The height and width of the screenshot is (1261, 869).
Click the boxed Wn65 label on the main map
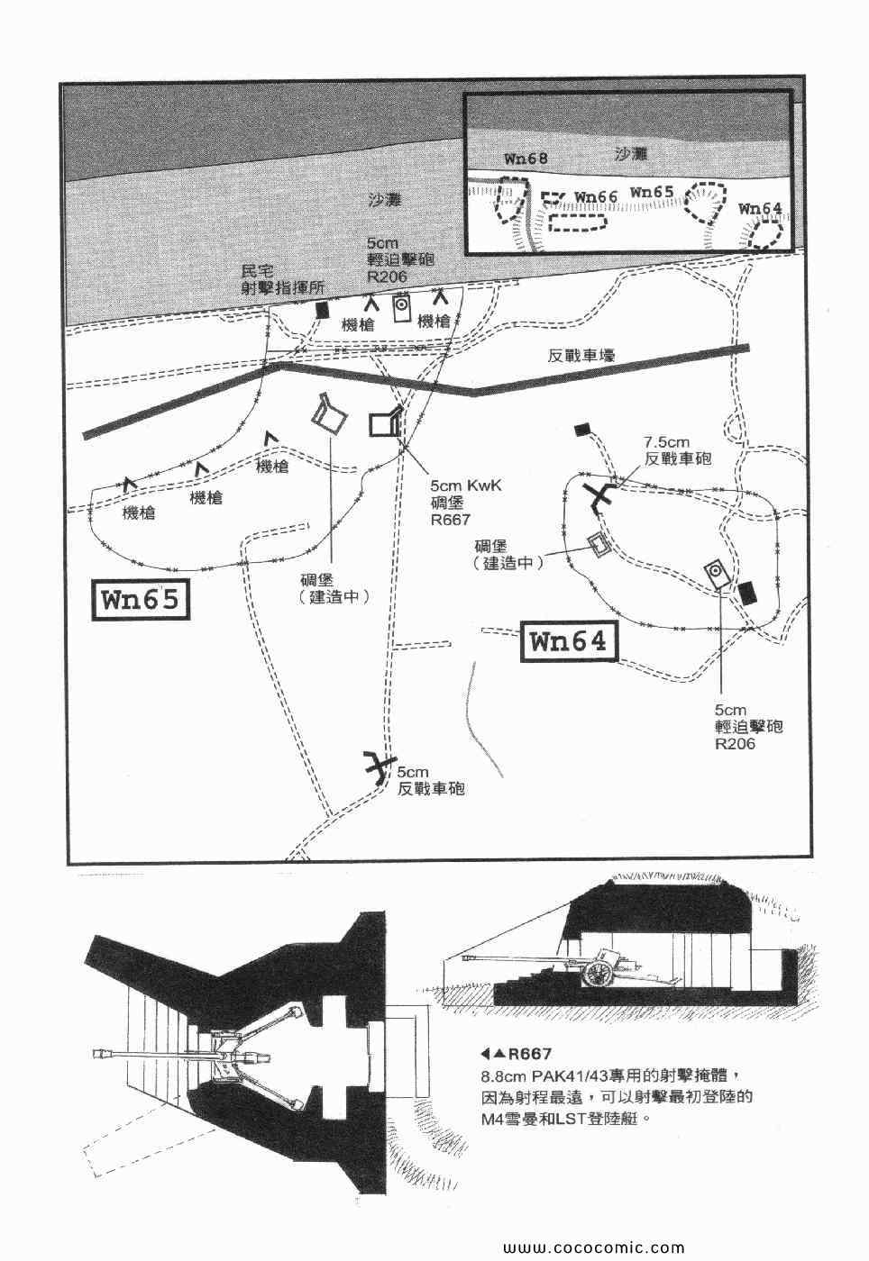tap(142, 600)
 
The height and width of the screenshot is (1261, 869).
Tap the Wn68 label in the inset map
tap(526, 159)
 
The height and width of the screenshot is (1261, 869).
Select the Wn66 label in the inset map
tap(595, 196)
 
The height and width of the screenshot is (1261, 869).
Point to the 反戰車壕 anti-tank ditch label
tap(581, 357)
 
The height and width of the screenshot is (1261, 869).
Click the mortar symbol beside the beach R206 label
tap(402, 309)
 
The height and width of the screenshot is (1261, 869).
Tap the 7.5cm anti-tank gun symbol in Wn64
tap(599, 494)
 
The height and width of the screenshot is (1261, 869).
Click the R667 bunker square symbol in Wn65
tap(385, 423)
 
